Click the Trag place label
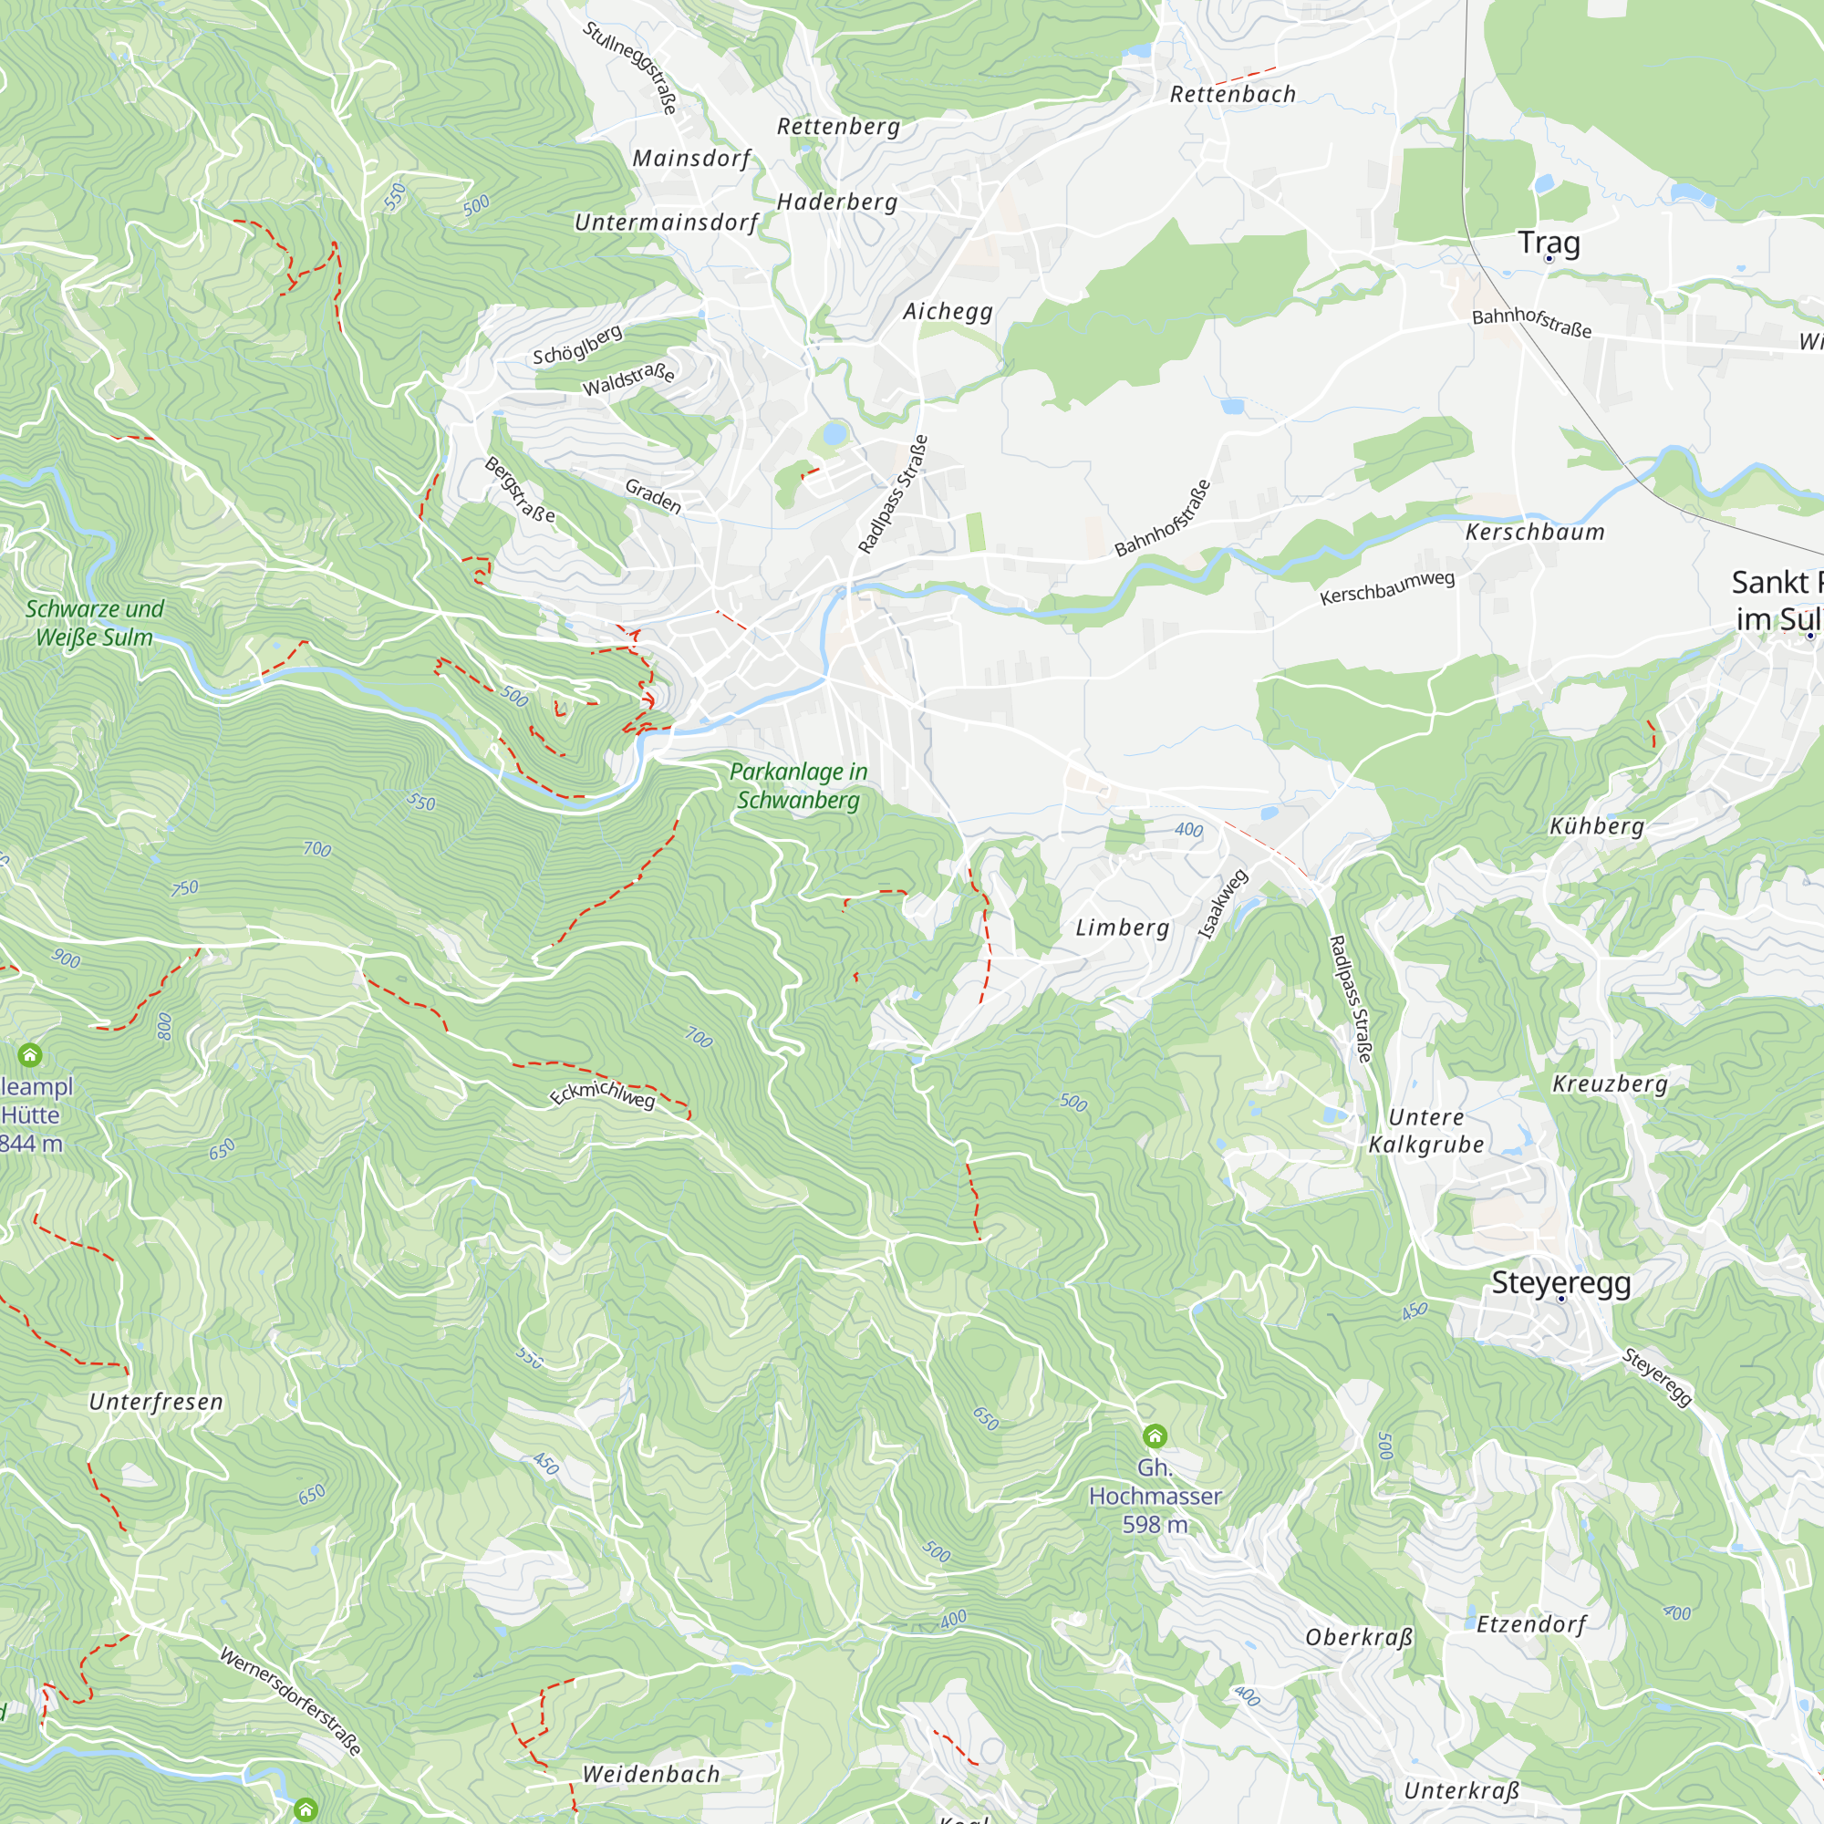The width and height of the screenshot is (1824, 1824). pyautogui.click(x=1549, y=243)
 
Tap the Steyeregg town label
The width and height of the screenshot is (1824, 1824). pyautogui.click(x=1560, y=1283)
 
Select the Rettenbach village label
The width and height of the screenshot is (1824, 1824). pyautogui.click(x=1232, y=95)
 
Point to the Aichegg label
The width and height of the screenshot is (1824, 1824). pyautogui.click(x=947, y=312)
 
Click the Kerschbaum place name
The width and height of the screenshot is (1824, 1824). pyautogui.click(x=1534, y=533)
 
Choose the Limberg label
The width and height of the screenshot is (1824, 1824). pyautogui.click(x=1123, y=928)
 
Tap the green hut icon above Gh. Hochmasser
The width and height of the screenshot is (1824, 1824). pyautogui.click(x=1155, y=1437)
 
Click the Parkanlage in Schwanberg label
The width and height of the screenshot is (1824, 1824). pyautogui.click(x=798, y=785)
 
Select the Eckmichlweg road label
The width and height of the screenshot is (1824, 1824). pyautogui.click(x=602, y=1093)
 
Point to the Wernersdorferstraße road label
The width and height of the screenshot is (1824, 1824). pyautogui.click(x=290, y=1700)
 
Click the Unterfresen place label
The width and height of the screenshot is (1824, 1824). pyautogui.click(x=156, y=1402)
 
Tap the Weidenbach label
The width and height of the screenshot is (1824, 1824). pyautogui.click(x=650, y=1774)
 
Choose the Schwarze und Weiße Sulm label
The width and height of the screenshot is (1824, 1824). pyautogui.click(x=95, y=623)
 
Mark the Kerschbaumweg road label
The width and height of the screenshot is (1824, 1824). pyautogui.click(x=1387, y=588)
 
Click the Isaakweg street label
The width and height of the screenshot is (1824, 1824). pyautogui.click(x=1223, y=905)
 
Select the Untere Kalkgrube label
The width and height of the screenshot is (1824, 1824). pyautogui.click(x=1425, y=1131)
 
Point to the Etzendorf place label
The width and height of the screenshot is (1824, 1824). pyautogui.click(x=1530, y=1624)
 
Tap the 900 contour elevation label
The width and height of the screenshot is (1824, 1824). pyautogui.click(x=66, y=959)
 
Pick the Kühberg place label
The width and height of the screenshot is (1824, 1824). pyautogui.click(x=1597, y=827)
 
